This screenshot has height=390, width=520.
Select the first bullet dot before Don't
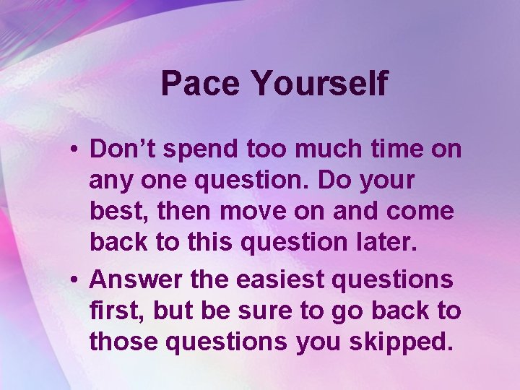[x=76, y=150]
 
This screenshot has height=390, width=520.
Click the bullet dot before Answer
[x=76, y=279]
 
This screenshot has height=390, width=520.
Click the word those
[x=124, y=342]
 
